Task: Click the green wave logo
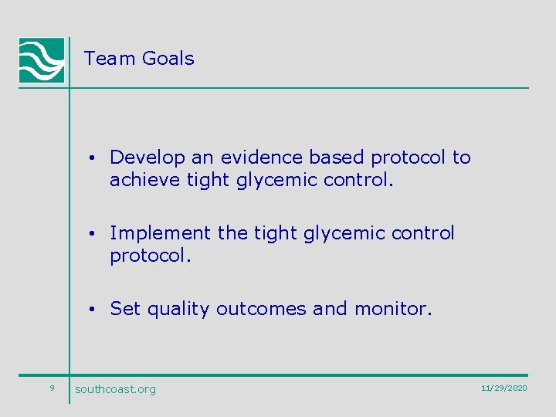42,59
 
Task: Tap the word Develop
147,158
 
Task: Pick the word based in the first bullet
337,158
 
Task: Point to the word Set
125,309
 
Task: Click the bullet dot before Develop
92,158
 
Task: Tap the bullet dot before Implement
92,234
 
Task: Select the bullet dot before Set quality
92,310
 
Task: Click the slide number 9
51,388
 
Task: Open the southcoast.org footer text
115,389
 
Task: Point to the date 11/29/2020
503,388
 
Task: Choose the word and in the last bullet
330,309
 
